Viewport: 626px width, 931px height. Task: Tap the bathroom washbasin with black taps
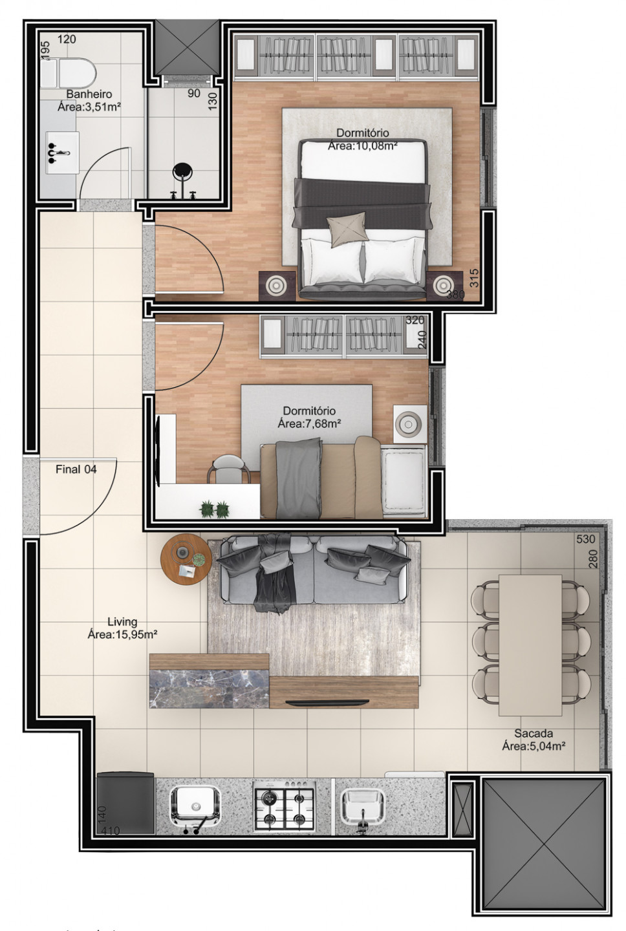62,153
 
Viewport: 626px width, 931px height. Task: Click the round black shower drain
182,171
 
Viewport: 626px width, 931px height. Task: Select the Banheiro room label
89,94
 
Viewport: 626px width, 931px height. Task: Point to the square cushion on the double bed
347,230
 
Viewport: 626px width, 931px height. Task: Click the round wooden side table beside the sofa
186,559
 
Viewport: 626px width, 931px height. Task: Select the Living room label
122,622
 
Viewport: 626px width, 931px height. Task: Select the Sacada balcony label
534,733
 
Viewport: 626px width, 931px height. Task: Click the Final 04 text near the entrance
76,469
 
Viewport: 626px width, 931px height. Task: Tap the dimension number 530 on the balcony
586,539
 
